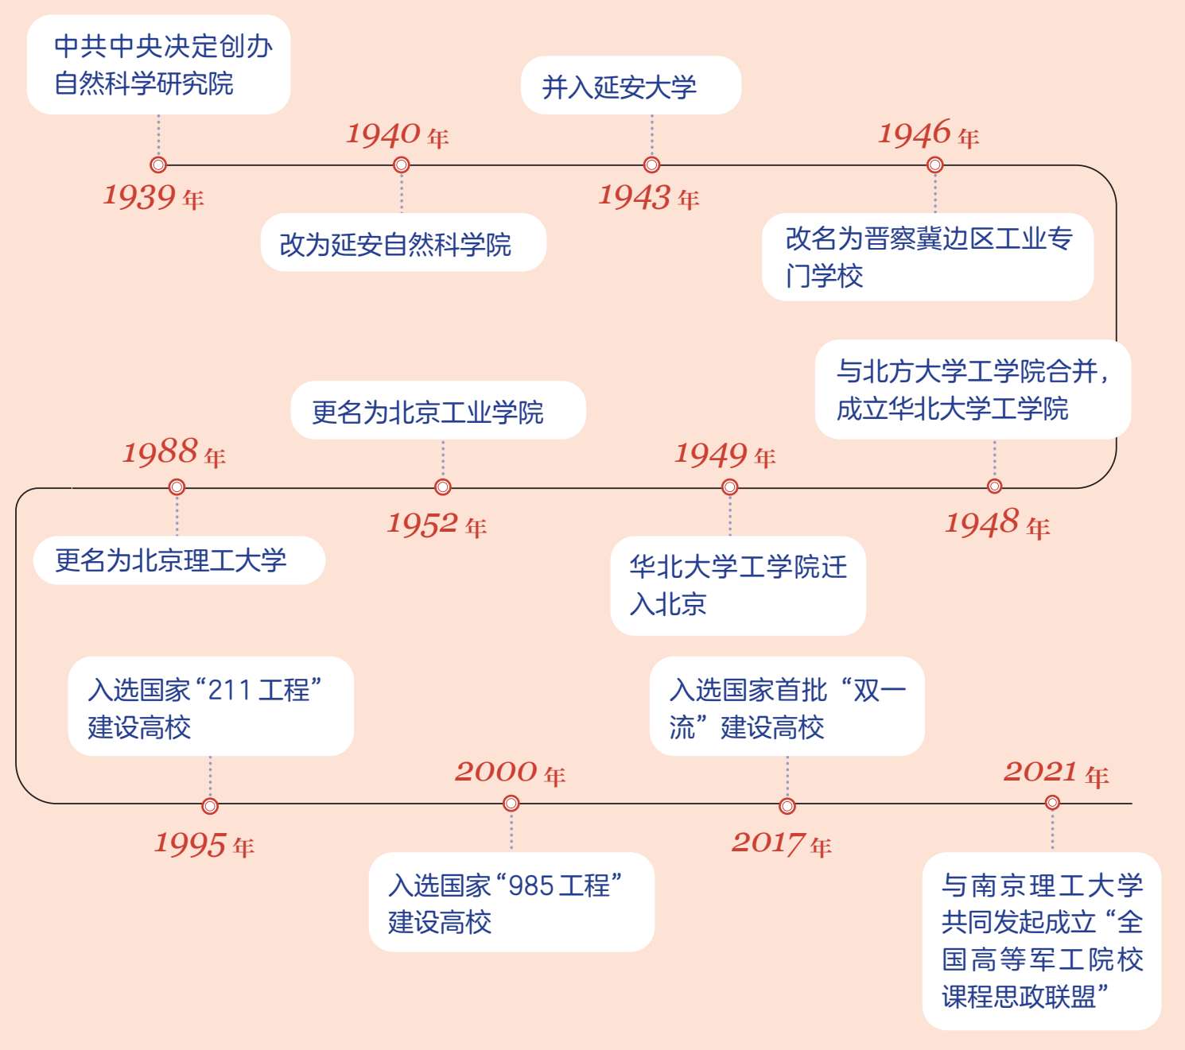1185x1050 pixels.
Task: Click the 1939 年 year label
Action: (153, 196)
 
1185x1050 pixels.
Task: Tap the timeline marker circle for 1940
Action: (402, 165)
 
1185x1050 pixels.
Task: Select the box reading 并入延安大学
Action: (631, 86)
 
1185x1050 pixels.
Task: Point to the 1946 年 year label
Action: (928, 134)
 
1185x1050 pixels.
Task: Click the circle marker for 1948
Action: (994, 486)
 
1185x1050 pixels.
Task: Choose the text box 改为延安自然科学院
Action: (403, 243)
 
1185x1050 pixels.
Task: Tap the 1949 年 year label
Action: (725, 455)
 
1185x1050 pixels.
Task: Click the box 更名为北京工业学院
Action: (438, 411)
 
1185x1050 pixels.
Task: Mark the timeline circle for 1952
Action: (443, 486)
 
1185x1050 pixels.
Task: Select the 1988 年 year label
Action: (173, 453)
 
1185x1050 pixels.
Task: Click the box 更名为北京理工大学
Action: (179, 560)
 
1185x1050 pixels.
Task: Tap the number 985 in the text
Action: (530, 885)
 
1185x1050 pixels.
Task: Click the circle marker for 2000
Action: (511, 804)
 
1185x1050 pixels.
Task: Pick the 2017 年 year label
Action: (781, 843)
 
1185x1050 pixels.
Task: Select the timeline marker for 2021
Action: (1052, 803)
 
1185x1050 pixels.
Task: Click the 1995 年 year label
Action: (204, 844)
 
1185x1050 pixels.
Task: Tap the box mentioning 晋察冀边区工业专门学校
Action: (927, 257)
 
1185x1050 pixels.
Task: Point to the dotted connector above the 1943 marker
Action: (652, 136)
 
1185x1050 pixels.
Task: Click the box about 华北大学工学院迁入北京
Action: (737, 586)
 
